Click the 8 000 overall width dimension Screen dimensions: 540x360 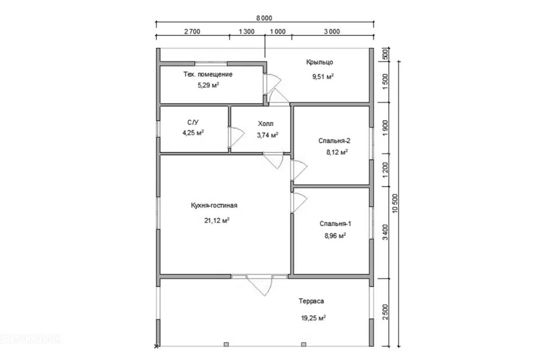(264, 18)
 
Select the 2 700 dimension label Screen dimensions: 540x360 (192, 31)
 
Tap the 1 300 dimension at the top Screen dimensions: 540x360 (246, 31)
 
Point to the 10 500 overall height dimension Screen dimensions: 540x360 (395, 203)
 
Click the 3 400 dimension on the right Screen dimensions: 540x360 (385, 232)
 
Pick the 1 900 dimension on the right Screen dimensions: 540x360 (385, 128)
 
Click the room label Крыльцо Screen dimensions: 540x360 (319, 62)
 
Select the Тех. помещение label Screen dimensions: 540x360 (208, 74)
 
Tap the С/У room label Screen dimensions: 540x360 (193, 122)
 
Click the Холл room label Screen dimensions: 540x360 (265, 123)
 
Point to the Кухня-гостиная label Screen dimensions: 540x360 (214, 206)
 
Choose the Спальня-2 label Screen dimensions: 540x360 (334, 141)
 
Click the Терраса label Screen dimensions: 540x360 (311, 301)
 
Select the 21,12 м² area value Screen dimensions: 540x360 (217, 220)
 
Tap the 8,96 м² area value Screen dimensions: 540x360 (335, 236)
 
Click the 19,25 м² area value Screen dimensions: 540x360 (313, 318)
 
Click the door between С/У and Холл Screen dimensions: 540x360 (236, 137)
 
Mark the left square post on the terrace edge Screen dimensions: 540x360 (226, 344)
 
